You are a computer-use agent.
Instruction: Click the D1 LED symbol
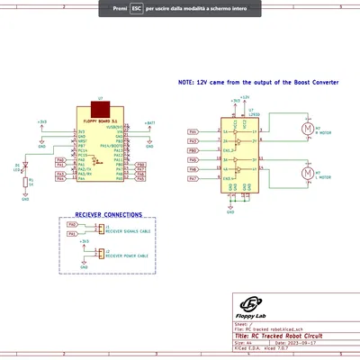click(26, 166)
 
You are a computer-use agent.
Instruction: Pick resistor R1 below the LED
click(26, 182)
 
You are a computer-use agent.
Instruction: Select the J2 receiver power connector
click(101, 254)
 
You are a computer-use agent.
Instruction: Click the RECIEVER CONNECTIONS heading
click(108, 215)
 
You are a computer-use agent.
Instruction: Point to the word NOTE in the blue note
click(186, 81)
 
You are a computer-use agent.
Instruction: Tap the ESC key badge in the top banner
click(136, 6)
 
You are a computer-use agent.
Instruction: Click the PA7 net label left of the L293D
click(193, 179)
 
